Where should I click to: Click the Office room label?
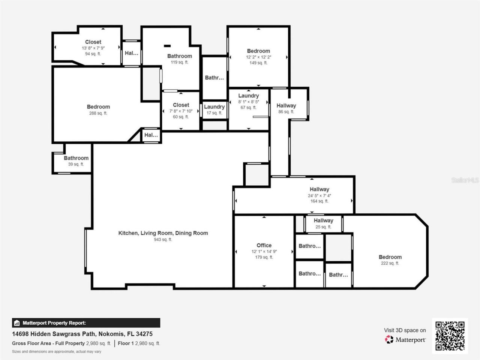coord(264,245)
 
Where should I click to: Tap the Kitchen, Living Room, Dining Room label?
coord(163,233)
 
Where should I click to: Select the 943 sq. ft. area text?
coord(163,240)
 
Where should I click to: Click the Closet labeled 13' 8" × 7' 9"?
coord(93,42)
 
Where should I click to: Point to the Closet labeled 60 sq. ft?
coord(181,105)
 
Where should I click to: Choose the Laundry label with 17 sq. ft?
coord(214,107)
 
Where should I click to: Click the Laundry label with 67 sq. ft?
coord(248,96)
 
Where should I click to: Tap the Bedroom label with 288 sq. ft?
coord(98,107)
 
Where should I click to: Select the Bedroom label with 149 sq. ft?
coord(258,51)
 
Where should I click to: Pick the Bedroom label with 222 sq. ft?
coord(390,257)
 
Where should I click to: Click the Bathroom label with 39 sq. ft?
coord(76,158)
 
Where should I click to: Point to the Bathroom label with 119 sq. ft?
coord(180,56)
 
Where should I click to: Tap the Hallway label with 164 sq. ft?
coord(319,189)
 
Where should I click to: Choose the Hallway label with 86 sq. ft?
coord(286,106)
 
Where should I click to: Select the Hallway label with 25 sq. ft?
coord(323,220)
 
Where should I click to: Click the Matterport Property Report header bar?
coord(86,323)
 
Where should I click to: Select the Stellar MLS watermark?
coord(465,180)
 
